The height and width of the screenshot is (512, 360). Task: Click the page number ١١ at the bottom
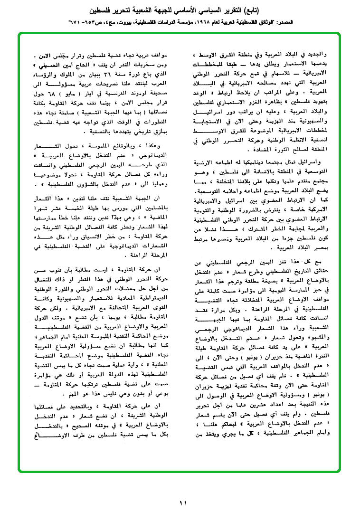point(183,503)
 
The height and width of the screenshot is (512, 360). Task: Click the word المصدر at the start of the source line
point(336,22)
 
